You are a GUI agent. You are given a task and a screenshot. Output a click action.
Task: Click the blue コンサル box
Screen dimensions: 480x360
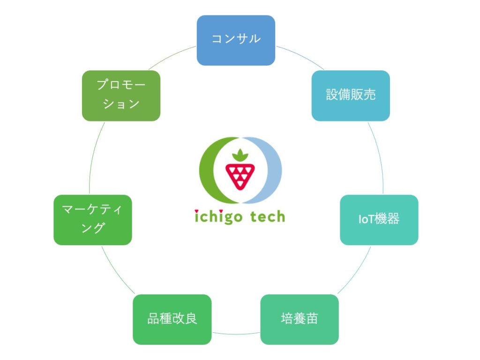pos(236,40)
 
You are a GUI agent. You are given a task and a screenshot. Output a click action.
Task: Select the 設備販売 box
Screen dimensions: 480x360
pos(351,96)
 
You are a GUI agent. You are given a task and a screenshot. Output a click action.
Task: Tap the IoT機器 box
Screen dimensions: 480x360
pos(379,220)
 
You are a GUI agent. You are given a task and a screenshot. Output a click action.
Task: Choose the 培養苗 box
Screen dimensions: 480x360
pos(300,319)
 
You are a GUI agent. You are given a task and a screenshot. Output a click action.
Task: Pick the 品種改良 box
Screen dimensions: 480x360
pos(172,319)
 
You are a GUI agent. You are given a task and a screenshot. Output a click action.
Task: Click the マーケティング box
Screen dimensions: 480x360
pos(93,220)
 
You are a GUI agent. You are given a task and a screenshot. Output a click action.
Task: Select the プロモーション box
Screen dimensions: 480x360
pos(121,96)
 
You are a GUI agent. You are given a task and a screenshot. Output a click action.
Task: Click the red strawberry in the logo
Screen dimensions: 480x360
pos(240,177)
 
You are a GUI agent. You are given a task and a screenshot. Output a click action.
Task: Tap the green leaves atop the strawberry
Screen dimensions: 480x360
pos(240,155)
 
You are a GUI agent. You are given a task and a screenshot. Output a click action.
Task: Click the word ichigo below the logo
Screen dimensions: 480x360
pos(218,217)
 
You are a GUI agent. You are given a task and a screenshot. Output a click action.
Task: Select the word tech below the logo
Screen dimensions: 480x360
pos(268,216)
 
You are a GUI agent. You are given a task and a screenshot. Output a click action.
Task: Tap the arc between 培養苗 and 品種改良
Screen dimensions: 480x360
pos(236,334)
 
